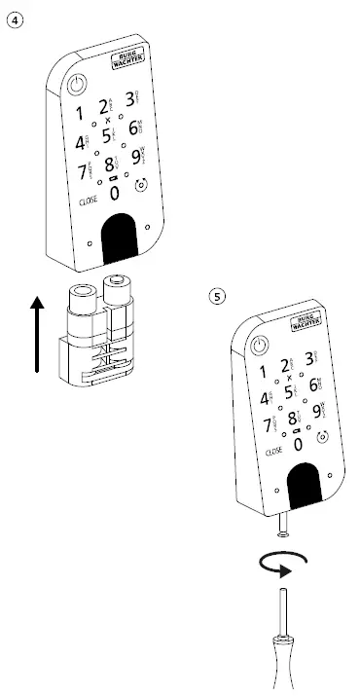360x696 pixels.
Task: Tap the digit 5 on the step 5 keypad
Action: pyautogui.click(x=289, y=392)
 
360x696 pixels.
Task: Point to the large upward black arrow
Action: pyautogui.click(x=37, y=335)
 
